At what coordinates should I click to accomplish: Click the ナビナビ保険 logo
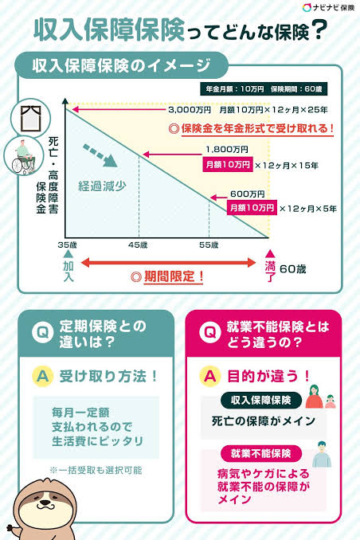point(328,8)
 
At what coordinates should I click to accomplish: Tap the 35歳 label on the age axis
point(67,245)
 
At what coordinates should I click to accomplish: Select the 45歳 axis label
point(138,245)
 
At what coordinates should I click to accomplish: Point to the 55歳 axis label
point(209,245)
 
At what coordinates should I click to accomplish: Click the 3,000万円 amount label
point(190,110)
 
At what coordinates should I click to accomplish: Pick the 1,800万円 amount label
point(227,150)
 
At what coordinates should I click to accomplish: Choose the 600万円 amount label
point(248,194)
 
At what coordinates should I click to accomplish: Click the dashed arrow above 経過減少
point(100,155)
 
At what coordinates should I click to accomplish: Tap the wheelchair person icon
point(24,155)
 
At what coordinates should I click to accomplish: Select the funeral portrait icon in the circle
point(30,118)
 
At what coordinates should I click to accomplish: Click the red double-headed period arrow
point(168,263)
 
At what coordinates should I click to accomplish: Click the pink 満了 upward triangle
point(270,254)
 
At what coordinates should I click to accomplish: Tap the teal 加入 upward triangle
point(68,254)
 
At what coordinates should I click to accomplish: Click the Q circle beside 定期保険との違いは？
point(42,333)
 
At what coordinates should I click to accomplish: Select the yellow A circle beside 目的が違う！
point(209,376)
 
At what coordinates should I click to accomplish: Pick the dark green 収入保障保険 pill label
point(260,400)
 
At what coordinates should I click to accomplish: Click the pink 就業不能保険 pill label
point(260,453)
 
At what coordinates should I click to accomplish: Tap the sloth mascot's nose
point(44,503)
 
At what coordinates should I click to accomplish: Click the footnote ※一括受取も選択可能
point(96,470)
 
